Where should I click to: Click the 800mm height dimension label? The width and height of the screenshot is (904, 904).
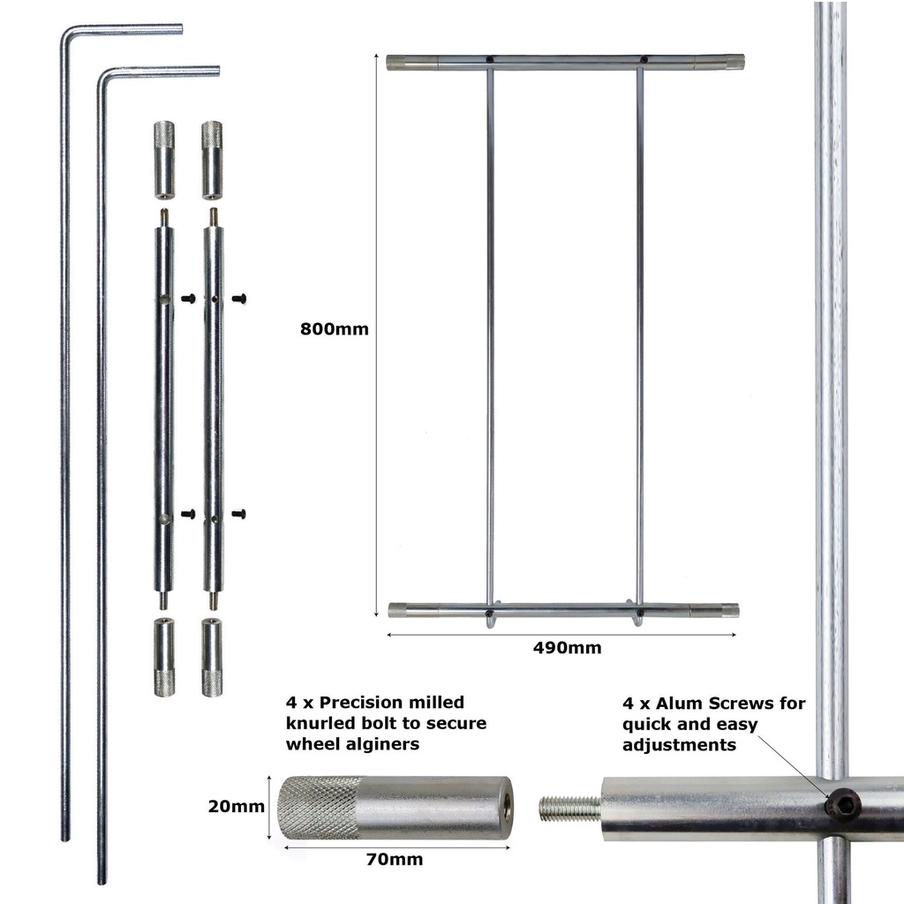click(x=335, y=329)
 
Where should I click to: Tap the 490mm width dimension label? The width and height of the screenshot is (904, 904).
click(x=568, y=648)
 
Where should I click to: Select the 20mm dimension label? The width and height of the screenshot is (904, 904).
click(x=237, y=806)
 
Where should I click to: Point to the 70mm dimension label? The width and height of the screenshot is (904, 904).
click(x=395, y=860)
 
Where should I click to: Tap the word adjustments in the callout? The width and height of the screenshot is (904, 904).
click(x=679, y=745)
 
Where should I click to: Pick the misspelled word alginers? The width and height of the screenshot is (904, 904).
click(x=381, y=744)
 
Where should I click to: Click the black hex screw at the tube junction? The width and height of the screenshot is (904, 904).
click(x=842, y=802)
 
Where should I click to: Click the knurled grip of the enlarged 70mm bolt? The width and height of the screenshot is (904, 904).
click(x=318, y=807)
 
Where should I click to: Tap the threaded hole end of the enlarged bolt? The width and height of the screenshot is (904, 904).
click(x=506, y=807)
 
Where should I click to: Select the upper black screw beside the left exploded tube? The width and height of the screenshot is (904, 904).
click(x=189, y=298)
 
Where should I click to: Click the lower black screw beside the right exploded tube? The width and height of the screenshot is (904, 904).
click(x=238, y=514)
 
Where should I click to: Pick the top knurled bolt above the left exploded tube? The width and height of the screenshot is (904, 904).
click(x=164, y=161)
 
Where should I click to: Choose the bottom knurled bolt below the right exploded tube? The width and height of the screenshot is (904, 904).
click(x=212, y=657)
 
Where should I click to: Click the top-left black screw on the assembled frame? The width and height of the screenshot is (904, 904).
click(x=489, y=59)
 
